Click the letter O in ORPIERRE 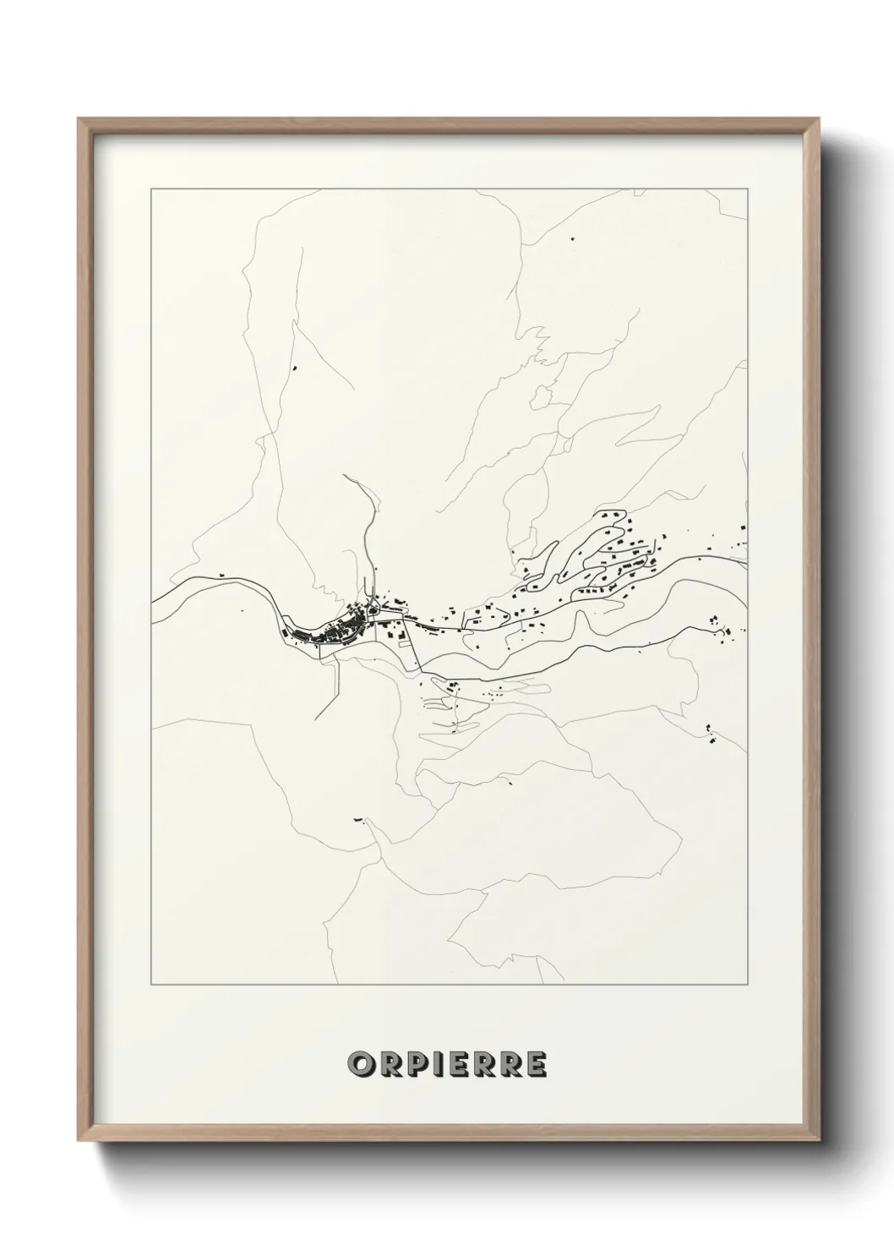358,1064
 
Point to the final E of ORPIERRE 535,1064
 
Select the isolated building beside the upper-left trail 295,368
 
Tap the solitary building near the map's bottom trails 358,819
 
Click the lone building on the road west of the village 222,576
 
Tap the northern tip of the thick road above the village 344,476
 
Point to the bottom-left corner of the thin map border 151,985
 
